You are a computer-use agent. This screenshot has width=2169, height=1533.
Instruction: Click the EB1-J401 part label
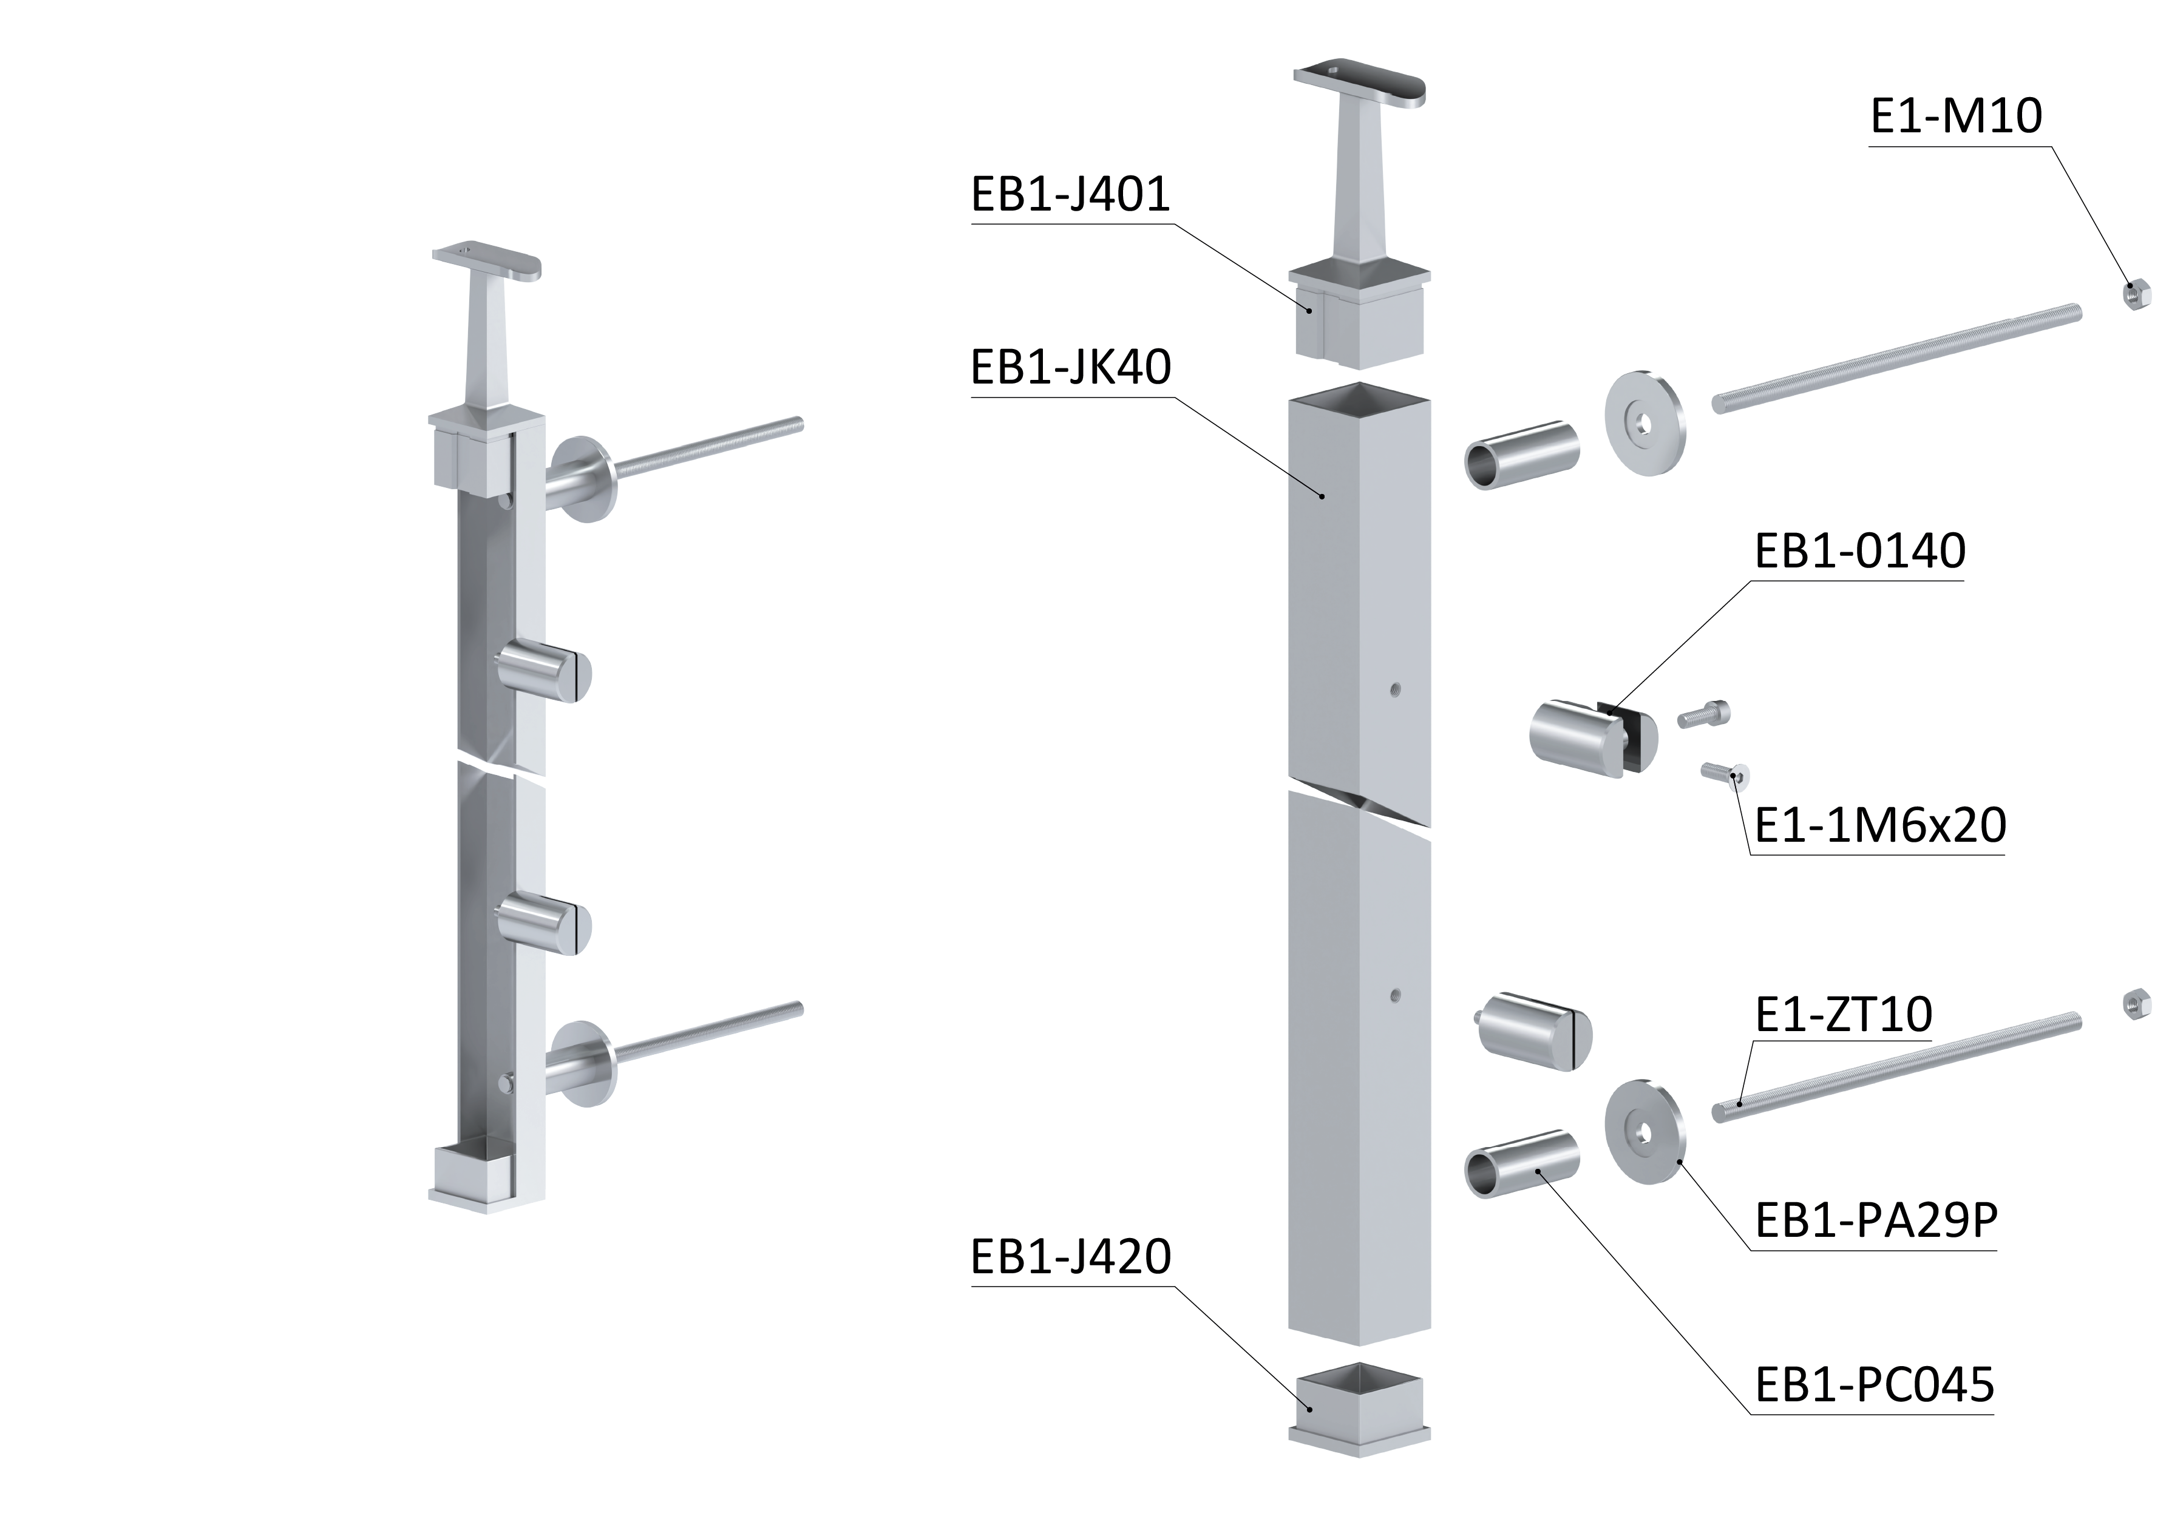tap(1070, 195)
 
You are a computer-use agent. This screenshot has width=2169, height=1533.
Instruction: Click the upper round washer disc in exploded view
tap(1645, 422)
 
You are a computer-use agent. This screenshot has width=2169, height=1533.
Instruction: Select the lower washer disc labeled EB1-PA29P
tap(1645, 1131)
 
